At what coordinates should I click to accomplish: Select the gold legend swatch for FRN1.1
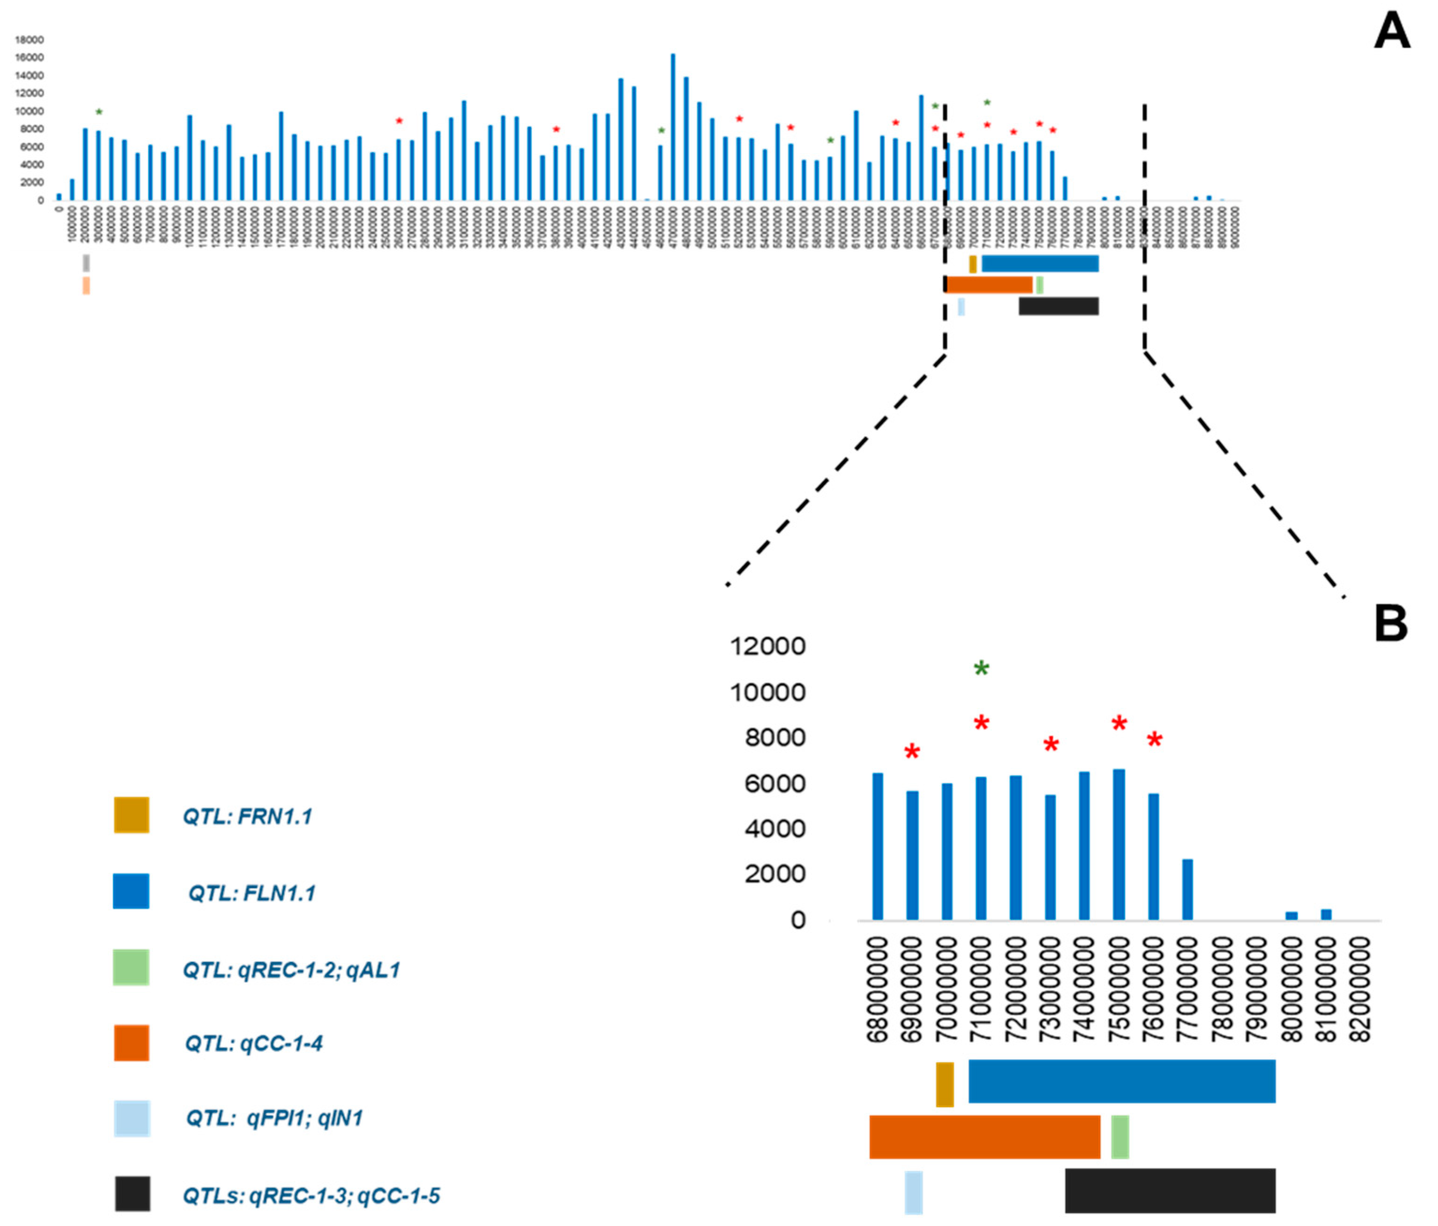click(x=131, y=815)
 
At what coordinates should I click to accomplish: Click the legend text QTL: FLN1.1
click(x=251, y=893)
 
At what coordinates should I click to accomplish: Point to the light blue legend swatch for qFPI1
click(x=132, y=1118)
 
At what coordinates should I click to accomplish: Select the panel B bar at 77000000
click(x=1188, y=889)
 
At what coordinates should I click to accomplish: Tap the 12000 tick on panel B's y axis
click(x=768, y=646)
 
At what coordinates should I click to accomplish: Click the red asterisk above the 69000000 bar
click(x=912, y=752)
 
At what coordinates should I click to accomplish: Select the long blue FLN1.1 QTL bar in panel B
click(x=1122, y=1081)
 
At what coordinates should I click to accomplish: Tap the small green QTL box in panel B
click(x=1119, y=1137)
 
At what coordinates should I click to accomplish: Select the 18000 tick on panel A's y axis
click(x=29, y=40)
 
